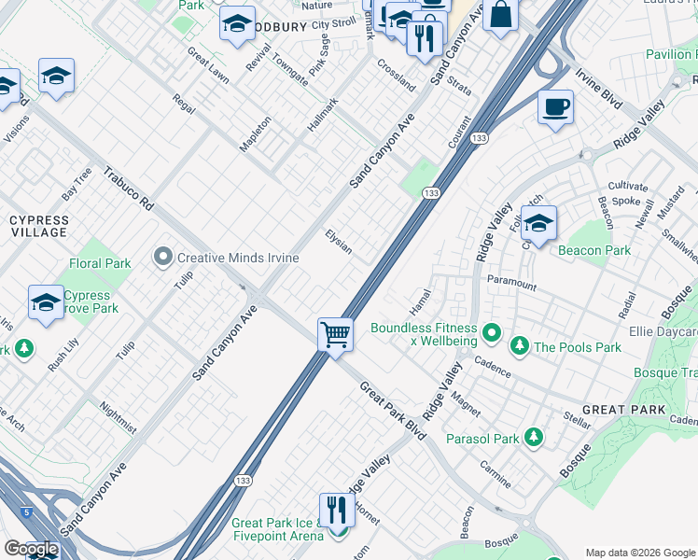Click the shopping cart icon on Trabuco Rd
coord(335,334)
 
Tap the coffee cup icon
coord(555,107)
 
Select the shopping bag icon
coord(501,15)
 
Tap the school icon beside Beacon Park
coord(538,223)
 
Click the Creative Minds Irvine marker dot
coord(164,257)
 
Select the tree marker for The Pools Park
coord(520,347)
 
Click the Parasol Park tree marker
coord(533,438)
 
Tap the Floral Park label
coord(100,264)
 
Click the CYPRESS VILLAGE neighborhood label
coord(38,225)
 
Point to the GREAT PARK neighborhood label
coord(623,410)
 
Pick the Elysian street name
coord(339,242)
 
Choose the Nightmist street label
coord(118,418)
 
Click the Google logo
coord(30,549)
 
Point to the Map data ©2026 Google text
coord(639,553)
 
